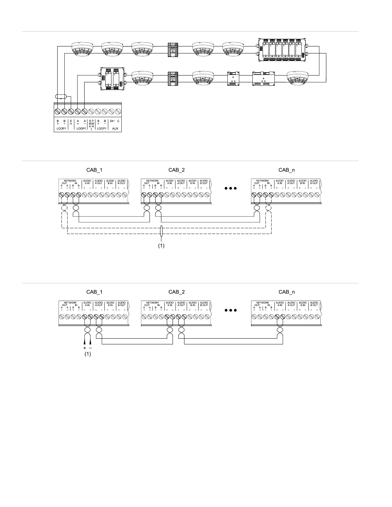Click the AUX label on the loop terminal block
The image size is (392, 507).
pyautogui.click(x=115, y=128)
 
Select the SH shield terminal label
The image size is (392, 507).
pyautogui.click(x=71, y=123)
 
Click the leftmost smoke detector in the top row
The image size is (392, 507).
pyautogui.click(x=82, y=49)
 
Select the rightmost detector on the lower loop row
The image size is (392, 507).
pyautogui.click(x=299, y=78)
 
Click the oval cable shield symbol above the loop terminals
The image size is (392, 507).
pyautogui.click(x=61, y=96)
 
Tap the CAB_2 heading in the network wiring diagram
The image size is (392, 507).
pyautogui.click(x=176, y=170)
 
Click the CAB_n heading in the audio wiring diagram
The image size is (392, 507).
pyautogui.click(x=287, y=292)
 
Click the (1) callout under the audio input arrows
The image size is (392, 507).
pyautogui.click(x=88, y=354)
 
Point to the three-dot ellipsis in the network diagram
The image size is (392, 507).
pyautogui.click(x=231, y=188)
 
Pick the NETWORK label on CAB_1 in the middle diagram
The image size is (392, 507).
pyautogui.click(x=70, y=181)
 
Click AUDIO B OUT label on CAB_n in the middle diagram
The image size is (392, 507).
pyautogui.click(x=314, y=182)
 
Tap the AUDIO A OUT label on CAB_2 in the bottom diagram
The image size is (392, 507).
pyautogui.click(x=181, y=304)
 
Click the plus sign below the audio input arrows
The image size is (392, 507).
pyautogui.click(x=85, y=348)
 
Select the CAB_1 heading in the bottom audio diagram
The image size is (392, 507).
pyautogui.click(x=94, y=292)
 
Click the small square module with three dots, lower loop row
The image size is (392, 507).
pyautogui.click(x=233, y=78)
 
